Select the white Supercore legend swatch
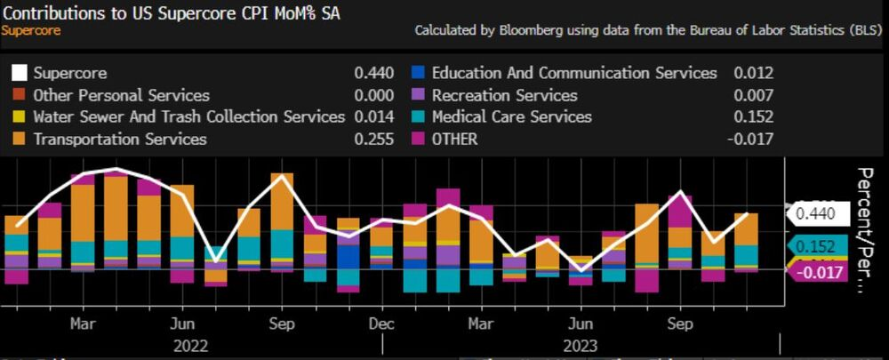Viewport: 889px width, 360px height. pos(19,73)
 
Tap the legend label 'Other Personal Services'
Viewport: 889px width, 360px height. pos(121,95)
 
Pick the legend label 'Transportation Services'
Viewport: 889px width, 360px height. pos(119,139)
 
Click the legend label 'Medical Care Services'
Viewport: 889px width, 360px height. pos(511,116)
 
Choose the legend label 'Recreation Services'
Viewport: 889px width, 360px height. pos(504,95)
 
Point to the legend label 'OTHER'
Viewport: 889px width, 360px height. pos(454,139)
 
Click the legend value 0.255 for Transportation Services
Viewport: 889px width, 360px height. pos(373,139)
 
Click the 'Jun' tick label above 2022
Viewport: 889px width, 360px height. pos(182,323)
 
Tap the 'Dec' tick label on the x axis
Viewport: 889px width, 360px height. pos(381,323)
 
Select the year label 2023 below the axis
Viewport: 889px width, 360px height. pos(580,345)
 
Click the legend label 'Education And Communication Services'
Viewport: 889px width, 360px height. pos(574,73)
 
